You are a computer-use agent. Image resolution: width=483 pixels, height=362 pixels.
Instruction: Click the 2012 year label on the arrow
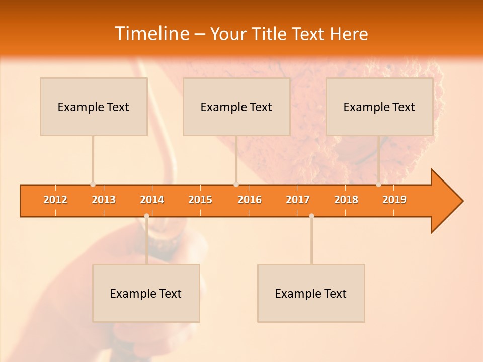pos(55,200)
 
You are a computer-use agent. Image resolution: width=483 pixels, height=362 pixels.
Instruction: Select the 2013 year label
pos(104,200)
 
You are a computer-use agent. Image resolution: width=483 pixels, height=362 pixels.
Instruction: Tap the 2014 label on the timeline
pos(152,200)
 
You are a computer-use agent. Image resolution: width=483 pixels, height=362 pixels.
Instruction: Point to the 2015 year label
pos(200,200)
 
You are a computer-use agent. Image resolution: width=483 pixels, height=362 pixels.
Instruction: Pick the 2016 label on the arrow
pos(250,200)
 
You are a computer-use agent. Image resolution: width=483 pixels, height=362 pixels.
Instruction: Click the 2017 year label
pos(298,200)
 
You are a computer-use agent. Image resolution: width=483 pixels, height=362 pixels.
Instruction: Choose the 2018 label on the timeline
pos(346,200)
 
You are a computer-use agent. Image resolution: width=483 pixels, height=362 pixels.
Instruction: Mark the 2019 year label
pos(394,200)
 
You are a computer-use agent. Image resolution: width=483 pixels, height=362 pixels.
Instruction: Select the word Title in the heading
pos(271,34)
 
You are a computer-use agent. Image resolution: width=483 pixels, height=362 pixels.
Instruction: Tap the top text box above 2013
pos(94,107)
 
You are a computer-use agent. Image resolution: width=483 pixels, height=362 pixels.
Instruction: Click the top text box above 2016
pos(236,107)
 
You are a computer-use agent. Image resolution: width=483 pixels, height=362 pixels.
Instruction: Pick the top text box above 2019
pos(379,107)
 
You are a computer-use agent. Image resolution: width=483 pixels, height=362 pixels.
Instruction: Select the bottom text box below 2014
pos(146,293)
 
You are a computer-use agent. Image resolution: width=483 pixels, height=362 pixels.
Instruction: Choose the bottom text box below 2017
pos(311,293)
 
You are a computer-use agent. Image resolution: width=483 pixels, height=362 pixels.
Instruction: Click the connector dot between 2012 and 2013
pos(93,185)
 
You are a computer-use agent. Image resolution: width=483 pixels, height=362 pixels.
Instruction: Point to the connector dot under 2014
pos(146,216)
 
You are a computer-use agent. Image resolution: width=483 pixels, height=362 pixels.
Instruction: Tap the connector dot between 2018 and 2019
pos(378,185)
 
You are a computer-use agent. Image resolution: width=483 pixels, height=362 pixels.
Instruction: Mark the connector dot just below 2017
pos(311,216)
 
